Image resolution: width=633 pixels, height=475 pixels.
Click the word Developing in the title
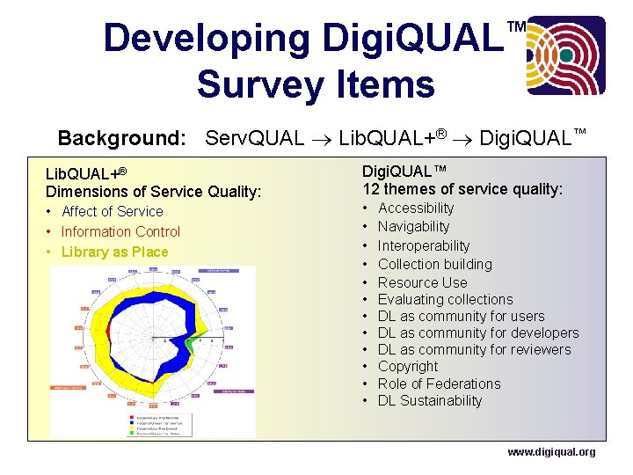(207, 39)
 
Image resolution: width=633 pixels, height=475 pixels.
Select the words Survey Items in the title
(316, 84)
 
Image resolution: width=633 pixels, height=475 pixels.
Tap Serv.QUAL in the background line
(254, 138)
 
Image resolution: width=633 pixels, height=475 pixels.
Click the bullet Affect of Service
(112, 211)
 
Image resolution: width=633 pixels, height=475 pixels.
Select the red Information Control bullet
(120, 231)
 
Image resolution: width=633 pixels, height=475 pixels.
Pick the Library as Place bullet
(114, 252)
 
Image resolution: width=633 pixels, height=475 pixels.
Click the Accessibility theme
(416, 208)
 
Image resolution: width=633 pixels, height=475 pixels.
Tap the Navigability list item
(413, 226)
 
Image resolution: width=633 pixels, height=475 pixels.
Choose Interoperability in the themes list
(424, 245)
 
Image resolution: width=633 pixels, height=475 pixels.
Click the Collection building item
(434, 264)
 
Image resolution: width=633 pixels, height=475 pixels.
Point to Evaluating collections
(445, 299)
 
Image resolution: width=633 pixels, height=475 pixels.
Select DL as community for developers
(478, 332)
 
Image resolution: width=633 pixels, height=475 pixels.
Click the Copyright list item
(407, 366)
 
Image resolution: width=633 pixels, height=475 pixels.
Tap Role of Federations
(439, 384)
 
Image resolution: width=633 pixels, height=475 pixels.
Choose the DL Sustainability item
(430, 400)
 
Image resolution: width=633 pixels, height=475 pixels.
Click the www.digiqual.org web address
(551, 452)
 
